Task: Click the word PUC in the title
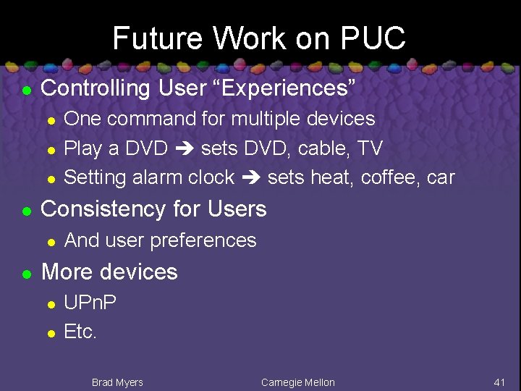pyautogui.click(x=374, y=38)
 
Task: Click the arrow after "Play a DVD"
pyautogui.click(x=185, y=148)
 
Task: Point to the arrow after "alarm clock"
pyautogui.click(x=251, y=177)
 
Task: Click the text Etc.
pyautogui.click(x=80, y=332)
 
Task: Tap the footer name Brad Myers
pyautogui.click(x=117, y=382)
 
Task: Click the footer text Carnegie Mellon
pyautogui.click(x=298, y=382)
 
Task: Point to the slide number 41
pyautogui.click(x=499, y=382)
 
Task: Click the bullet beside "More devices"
pyautogui.click(x=26, y=274)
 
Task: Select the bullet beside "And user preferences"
pyautogui.click(x=50, y=242)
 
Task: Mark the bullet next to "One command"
pyautogui.click(x=50, y=120)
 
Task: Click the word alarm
pyautogui.click(x=158, y=177)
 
